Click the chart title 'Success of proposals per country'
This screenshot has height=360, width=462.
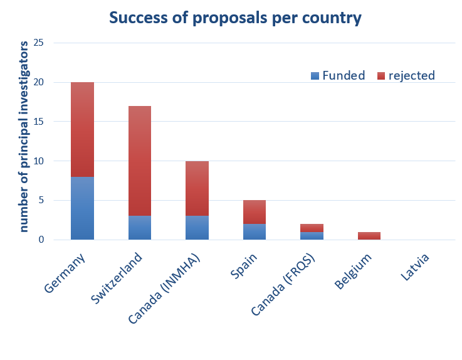(x=235, y=18)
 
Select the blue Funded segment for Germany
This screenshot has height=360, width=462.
(x=82, y=208)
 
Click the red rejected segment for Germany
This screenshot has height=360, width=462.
(x=82, y=129)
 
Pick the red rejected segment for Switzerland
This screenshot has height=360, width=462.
(x=140, y=161)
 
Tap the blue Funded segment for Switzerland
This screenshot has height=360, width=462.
(x=140, y=228)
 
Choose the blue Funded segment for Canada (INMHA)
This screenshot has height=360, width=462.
(x=197, y=228)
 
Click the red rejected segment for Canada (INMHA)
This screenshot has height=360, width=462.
(x=197, y=188)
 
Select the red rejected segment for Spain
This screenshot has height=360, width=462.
(x=255, y=212)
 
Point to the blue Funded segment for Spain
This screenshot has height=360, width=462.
(x=255, y=231)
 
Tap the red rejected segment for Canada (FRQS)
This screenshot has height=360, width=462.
(x=312, y=228)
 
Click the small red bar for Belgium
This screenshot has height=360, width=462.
(x=369, y=236)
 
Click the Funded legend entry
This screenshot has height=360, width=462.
(x=338, y=76)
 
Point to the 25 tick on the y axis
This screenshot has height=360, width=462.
(x=39, y=43)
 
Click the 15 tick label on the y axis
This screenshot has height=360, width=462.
(x=39, y=122)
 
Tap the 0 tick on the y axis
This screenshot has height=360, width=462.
(x=41, y=240)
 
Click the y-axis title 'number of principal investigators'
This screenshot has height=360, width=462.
(x=24, y=137)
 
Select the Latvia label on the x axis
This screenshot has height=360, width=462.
(x=415, y=267)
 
